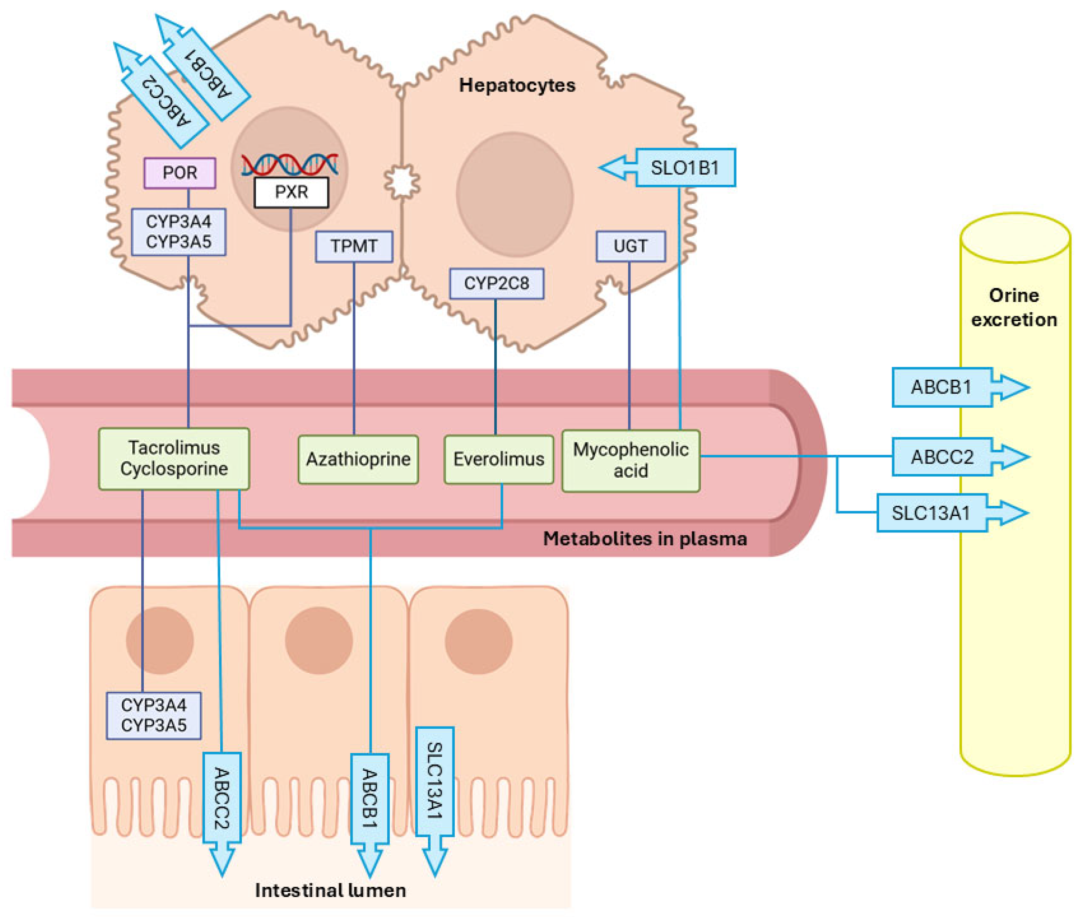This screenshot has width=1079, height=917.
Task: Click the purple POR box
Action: pos(179,173)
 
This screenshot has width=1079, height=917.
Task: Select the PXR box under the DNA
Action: pos(291,192)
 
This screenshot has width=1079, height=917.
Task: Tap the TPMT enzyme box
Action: pos(354,246)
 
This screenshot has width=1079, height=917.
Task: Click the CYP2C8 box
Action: pos(496,283)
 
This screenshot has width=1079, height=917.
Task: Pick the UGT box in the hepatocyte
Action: pos(630,246)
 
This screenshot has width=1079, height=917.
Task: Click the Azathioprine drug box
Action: pos(358,459)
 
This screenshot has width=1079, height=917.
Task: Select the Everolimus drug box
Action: pos(499,459)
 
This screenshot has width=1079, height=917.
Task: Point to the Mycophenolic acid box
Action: pos(631,460)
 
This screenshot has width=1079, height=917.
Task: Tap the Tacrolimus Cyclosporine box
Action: pos(174,458)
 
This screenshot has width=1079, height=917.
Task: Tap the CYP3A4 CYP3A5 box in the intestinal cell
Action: pos(153,715)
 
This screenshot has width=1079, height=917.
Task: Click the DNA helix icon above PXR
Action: pos(290,165)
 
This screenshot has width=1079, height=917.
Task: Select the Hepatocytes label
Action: pos(516,85)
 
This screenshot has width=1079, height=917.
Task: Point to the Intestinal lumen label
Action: pos(330,890)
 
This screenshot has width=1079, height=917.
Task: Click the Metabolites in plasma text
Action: pos(644,539)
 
